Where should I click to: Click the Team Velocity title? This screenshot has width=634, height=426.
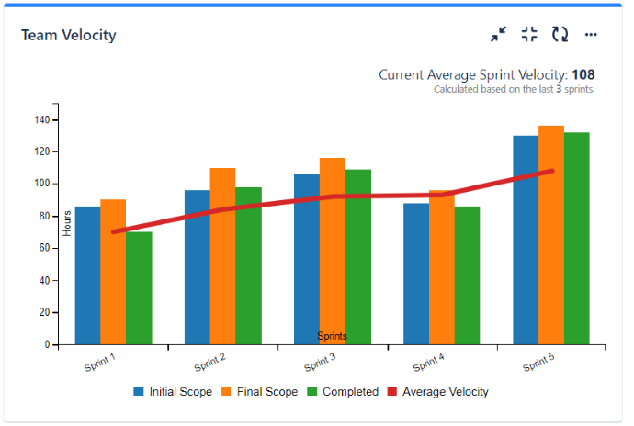click(69, 36)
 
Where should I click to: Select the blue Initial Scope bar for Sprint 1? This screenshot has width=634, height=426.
click(87, 275)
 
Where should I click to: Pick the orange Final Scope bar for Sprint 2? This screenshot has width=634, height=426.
click(222, 256)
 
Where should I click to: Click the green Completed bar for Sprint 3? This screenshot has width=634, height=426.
click(357, 257)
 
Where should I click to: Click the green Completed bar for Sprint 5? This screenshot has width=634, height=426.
click(576, 239)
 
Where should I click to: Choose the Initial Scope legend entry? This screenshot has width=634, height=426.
click(173, 391)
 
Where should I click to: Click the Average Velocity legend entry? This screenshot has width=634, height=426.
click(444, 391)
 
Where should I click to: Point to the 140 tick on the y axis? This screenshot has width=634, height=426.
click(42, 120)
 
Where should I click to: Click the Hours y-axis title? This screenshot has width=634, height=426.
click(67, 223)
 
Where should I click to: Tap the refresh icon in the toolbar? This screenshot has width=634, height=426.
click(560, 35)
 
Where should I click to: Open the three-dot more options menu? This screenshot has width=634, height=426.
click(591, 35)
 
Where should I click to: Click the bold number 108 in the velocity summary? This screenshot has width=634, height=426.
click(583, 75)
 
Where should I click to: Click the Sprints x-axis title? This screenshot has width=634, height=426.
click(332, 337)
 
